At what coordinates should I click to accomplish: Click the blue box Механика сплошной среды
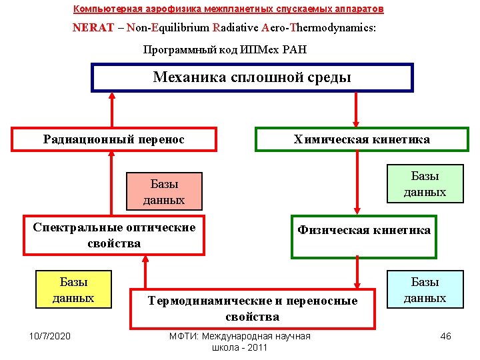pos(252,77)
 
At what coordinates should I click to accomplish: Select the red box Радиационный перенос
pos(114,139)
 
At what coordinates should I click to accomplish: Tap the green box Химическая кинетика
pos(361,139)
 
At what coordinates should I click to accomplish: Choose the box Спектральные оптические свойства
pos(114,235)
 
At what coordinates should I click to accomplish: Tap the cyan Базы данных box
pos(425,290)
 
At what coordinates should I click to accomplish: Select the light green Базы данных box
pos(425,183)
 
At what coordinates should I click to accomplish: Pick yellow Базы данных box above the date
pos(73,290)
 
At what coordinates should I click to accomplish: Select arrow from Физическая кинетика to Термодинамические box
pos(357,273)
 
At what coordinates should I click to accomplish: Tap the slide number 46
pos(445,336)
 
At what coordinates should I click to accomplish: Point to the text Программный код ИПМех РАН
pos(225,50)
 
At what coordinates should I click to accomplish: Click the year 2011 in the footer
pos(257,347)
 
